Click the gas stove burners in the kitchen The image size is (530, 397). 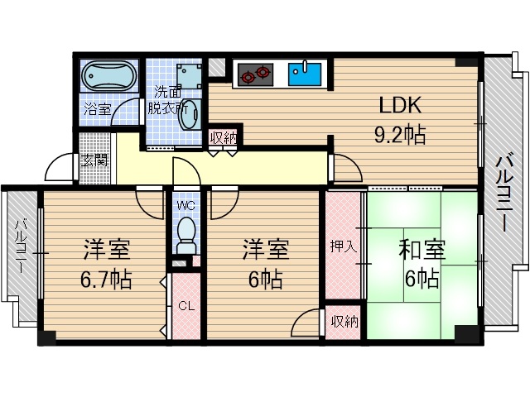tap(255, 75)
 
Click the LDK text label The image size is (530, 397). tap(402, 106)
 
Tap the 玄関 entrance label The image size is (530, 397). tap(94, 160)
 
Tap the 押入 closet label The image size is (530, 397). tap(343, 246)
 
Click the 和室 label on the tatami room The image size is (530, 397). tap(422, 249)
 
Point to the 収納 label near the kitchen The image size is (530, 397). tap(223, 137)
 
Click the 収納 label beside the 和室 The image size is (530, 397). tap(343, 321)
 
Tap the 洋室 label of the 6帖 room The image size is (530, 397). tap(265, 248)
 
